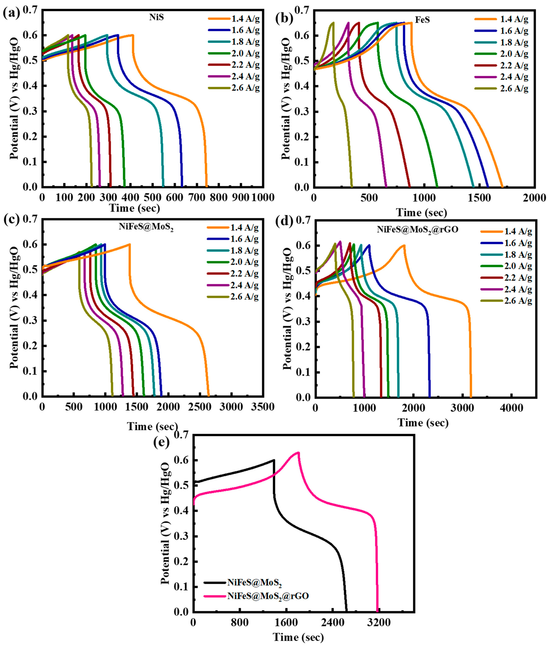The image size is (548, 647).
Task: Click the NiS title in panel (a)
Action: coord(156,17)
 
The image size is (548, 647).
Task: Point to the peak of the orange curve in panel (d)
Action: coord(404,245)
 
